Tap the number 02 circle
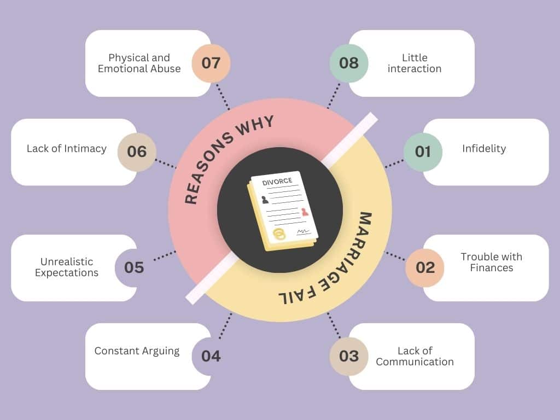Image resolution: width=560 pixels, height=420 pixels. pyautogui.click(x=425, y=268)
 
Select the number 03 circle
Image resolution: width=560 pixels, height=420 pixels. pyautogui.click(x=349, y=357)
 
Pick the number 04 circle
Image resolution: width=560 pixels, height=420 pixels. pyautogui.click(x=211, y=357)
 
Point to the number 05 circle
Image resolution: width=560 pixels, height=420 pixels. pyautogui.click(x=134, y=268)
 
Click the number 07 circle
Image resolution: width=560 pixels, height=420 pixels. pyautogui.click(x=211, y=63)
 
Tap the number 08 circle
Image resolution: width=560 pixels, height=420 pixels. pyautogui.click(x=349, y=63)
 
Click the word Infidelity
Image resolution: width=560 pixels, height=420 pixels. pyautogui.click(x=484, y=149)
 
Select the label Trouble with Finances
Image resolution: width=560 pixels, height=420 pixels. pyautogui.click(x=491, y=262)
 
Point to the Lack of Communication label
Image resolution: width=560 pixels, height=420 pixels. pyautogui.click(x=415, y=357)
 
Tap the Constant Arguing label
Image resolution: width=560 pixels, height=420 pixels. pyautogui.click(x=137, y=351)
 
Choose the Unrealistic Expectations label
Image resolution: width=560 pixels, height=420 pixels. pyautogui.click(x=67, y=267)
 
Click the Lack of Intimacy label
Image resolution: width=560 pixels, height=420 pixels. pyautogui.click(x=67, y=149)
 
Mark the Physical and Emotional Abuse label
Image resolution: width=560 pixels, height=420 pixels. pyautogui.click(x=139, y=63)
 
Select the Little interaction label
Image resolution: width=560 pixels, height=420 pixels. pyautogui.click(x=414, y=63)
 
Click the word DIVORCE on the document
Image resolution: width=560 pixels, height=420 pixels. pyautogui.click(x=274, y=181)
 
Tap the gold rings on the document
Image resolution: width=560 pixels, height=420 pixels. pyautogui.click(x=279, y=234)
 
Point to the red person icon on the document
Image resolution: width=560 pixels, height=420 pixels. pyautogui.click(x=305, y=212)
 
